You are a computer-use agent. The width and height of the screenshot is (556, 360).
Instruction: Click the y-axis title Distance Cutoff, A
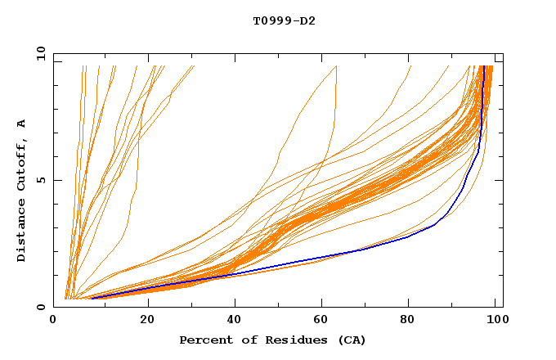click(x=21, y=190)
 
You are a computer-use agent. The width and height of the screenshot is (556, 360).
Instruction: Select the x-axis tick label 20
click(x=147, y=320)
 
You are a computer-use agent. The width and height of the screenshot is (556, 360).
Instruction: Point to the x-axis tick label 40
click(x=235, y=320)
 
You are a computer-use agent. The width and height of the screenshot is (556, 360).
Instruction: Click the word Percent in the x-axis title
click(x=204, y=340)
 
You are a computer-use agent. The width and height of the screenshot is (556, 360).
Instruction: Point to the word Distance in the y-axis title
click(x=21, y=232)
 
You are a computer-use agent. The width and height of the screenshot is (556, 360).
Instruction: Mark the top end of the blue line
click(x=484, y=66)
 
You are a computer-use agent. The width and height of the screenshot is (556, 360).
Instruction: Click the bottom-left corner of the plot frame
click(x=54, y=307)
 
